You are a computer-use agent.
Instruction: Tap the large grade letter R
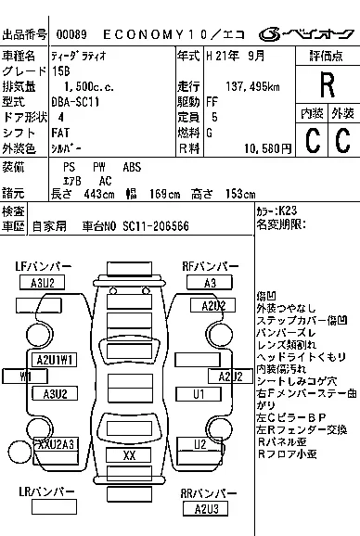click(x=326, y=85)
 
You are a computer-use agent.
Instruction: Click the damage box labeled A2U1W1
click(x=55, y=360)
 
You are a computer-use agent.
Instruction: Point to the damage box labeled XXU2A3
click(x=55, y=444)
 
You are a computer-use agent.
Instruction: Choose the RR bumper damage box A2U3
click(x=205, y=508)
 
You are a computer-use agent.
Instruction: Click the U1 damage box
click(x=199, y=395)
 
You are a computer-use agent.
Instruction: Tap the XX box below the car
click(x=130, y=455)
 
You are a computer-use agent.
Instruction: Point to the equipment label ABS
click(x=133, y=167)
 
